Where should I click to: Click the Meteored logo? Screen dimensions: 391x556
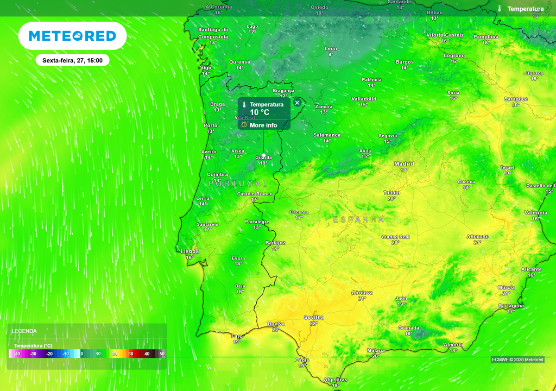tap(72, 36)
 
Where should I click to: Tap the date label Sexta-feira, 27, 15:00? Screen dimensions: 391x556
tap(72, 60)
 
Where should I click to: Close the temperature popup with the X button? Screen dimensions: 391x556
tap(297, 103)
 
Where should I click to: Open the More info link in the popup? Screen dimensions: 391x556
tap(263, 125)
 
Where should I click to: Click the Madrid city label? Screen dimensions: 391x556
tap(404, 164)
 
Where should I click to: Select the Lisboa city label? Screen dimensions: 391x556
tap(190, 251)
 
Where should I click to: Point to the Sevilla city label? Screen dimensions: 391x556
tap(314, 317)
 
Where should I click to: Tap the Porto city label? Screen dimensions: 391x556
tap(210, 125)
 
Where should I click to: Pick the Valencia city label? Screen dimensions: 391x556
tap(535, 212)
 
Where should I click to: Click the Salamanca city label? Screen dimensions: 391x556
tap(327, 135)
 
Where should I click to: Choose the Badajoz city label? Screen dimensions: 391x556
tap(275, 243)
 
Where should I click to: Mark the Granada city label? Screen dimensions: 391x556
tap(408, 328)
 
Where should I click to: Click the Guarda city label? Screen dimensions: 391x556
tap(263, 157)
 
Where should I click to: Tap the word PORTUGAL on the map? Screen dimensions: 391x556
tap(238, 184)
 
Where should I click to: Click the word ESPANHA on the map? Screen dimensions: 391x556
tap(358, 219)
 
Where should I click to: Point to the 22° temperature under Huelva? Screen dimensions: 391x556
tap(276, 330)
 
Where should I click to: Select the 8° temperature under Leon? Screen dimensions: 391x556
tap(330, 54)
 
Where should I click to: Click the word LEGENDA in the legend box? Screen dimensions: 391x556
tap(24, 331)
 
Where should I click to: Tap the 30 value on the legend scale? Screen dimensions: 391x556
tap(130, 354)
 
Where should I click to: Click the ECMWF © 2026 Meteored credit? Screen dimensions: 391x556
tap(517, 360)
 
